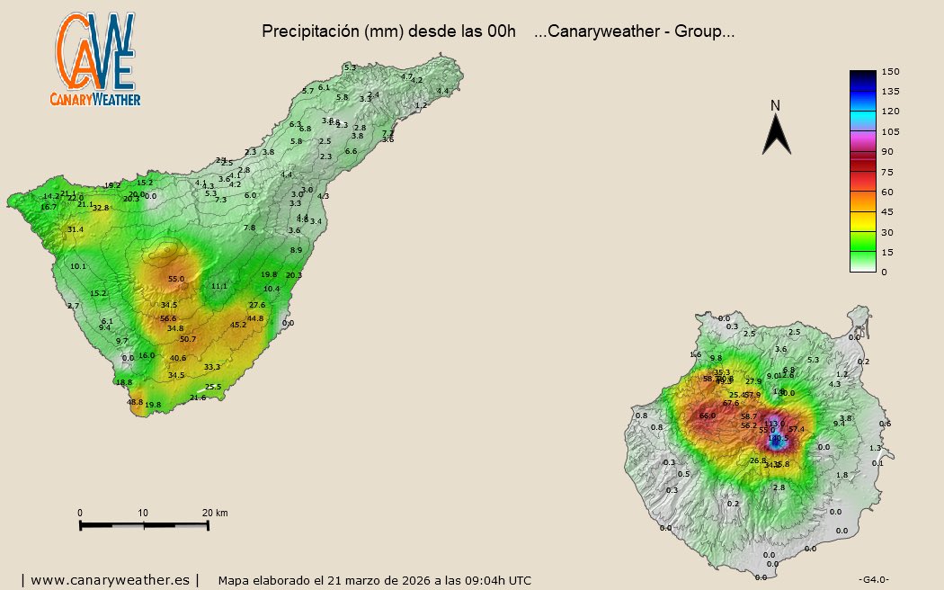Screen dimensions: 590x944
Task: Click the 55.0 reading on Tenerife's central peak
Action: tap(176, 280)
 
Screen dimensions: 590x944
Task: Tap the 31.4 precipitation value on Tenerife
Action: tap(76, 230)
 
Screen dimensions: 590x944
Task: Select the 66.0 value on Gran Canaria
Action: tap(708, 416)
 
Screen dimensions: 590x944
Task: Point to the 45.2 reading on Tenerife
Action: tap(238, 325)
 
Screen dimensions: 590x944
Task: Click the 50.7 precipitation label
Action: tap(188, 339)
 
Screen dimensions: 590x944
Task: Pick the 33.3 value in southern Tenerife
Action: tap(212, 367)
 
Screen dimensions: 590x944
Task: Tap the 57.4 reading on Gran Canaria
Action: tap(796, 429)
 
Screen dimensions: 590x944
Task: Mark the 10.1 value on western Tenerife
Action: tap(78, 267)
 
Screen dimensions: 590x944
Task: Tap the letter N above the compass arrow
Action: tap(775, 106)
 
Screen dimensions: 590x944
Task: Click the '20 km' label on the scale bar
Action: tap(215, 513)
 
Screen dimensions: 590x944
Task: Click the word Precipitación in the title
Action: tap(311, 31)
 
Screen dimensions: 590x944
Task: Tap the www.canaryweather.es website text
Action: tap(111, 580)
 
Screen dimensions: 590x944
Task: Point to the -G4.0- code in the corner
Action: tap(874, 578)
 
